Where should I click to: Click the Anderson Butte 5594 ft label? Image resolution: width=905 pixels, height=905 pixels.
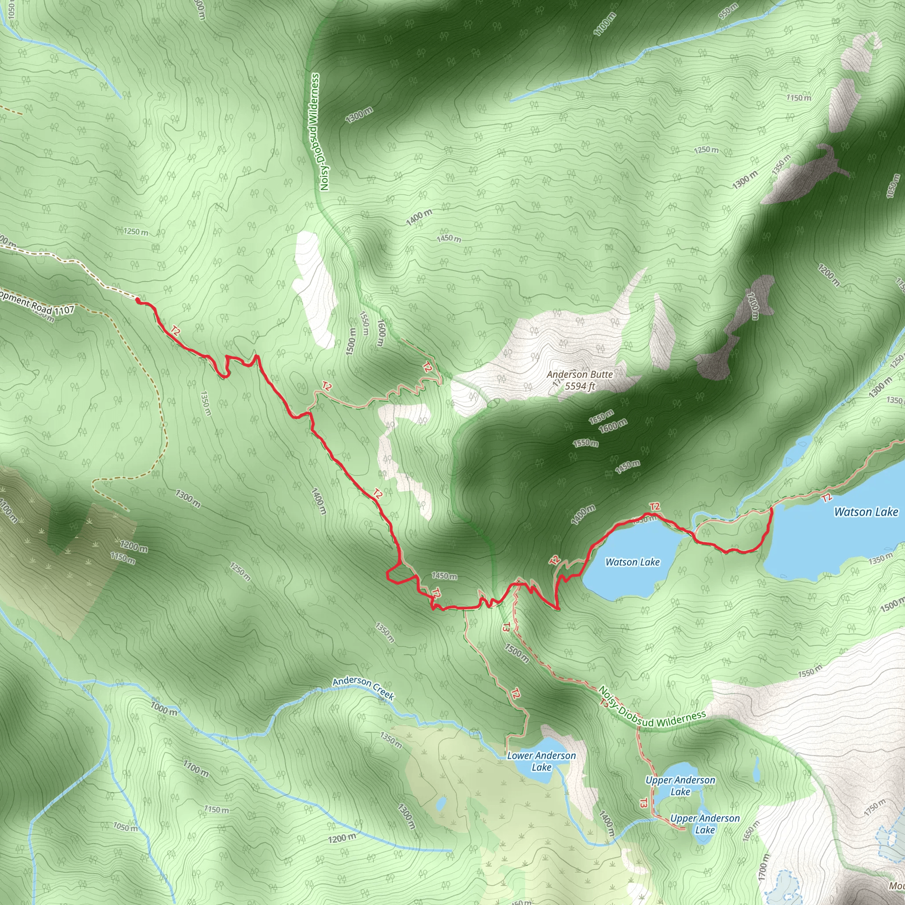579,380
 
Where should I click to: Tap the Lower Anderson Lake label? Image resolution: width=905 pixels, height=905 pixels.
541,761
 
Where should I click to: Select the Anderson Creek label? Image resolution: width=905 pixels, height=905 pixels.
363,688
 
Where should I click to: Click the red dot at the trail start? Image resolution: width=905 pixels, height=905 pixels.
138,299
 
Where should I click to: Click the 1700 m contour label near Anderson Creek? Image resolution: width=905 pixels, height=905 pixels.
195,768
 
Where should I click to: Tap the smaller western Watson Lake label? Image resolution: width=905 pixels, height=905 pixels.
632,562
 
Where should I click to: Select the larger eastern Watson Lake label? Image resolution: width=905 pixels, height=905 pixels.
866,512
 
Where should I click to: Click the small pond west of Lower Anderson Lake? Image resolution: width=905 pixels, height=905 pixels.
441,804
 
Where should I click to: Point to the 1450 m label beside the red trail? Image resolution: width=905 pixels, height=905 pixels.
444,576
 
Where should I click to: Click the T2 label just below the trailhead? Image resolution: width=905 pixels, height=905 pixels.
175,331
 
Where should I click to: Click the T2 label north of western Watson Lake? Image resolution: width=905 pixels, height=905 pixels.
654,507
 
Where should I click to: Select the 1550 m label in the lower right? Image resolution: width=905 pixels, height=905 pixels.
810,671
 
